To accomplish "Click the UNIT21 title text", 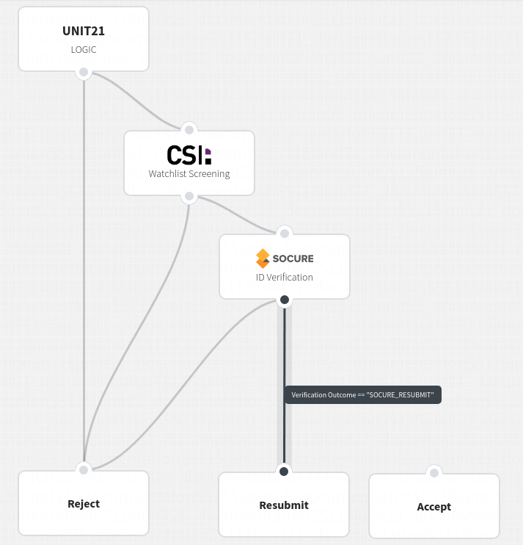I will coord(84,32).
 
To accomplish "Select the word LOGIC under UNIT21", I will coord(84,50).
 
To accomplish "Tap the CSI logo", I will coord(189,155).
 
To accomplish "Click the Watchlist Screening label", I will coord(189,174).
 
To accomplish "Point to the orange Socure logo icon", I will coord(263,259).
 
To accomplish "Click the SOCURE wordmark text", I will coord(293,259).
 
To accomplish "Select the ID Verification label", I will coord(285,278).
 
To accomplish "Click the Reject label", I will coord(84,504).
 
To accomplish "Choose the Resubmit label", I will coord(284,505).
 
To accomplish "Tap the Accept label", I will coord(434,507).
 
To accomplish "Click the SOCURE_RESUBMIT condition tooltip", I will coord(362,395).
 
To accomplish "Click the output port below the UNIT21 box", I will coord(84,72).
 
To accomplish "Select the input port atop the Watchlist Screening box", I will coord(189,130).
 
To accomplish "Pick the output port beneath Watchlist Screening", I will coord(189,196).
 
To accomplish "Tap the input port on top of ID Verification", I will coord(285,234).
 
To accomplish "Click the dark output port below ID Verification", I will coord(285,300).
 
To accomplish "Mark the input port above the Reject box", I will coord(84,470).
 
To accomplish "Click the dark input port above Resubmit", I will coord(284,472).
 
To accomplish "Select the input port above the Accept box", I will coord(434,473).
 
